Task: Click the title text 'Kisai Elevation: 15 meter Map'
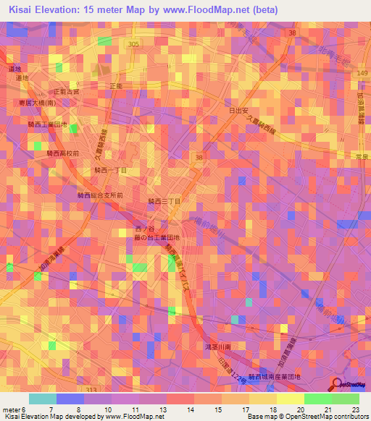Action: [80, 10]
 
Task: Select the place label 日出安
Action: [238, 111]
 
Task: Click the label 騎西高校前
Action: [62, 153]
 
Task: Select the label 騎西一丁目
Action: [110, 170]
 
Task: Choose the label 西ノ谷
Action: [145, 229]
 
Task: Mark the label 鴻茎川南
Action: [218, 347]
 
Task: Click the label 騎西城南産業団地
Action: [274, 377]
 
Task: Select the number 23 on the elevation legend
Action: [354, 409]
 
